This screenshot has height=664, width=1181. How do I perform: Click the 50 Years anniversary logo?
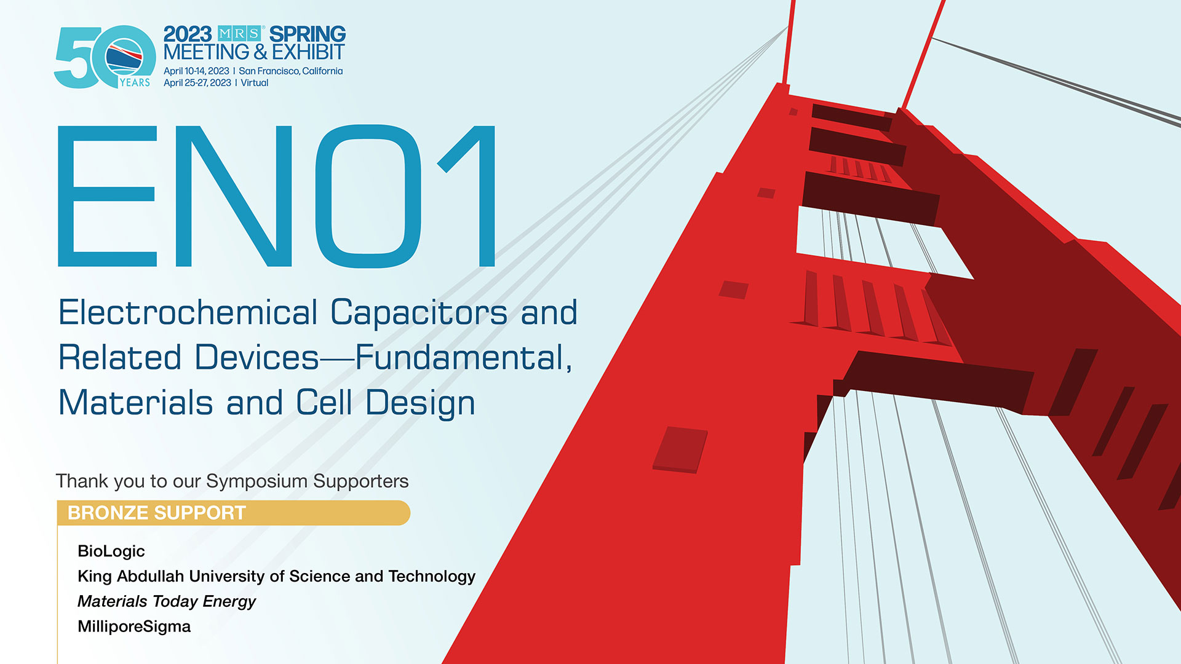[105, 57]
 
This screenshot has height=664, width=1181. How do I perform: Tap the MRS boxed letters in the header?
[240, 33]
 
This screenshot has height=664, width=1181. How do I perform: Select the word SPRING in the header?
[308, 34]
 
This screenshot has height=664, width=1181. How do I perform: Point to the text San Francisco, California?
[291, 71]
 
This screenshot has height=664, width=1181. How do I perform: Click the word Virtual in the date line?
[255, 83]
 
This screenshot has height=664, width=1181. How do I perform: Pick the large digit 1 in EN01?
[467, 196]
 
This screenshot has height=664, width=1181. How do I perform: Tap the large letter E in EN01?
[107, 196]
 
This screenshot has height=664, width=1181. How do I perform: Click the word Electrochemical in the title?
[188, 312]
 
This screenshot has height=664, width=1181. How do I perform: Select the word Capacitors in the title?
[420, 313]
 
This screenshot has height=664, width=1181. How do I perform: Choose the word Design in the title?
[420, 403]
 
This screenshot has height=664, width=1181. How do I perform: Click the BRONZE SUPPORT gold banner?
[233, 513]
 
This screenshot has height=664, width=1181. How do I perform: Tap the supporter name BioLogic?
[111, 551]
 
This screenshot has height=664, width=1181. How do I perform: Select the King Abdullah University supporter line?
[277, 576]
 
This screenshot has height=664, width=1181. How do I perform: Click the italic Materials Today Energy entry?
[167, 601]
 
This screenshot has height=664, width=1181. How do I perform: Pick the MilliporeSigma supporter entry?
[134, 626]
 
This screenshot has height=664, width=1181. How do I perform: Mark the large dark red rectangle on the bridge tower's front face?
[680, 450]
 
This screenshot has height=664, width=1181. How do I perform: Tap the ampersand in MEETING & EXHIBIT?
[260, 52]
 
